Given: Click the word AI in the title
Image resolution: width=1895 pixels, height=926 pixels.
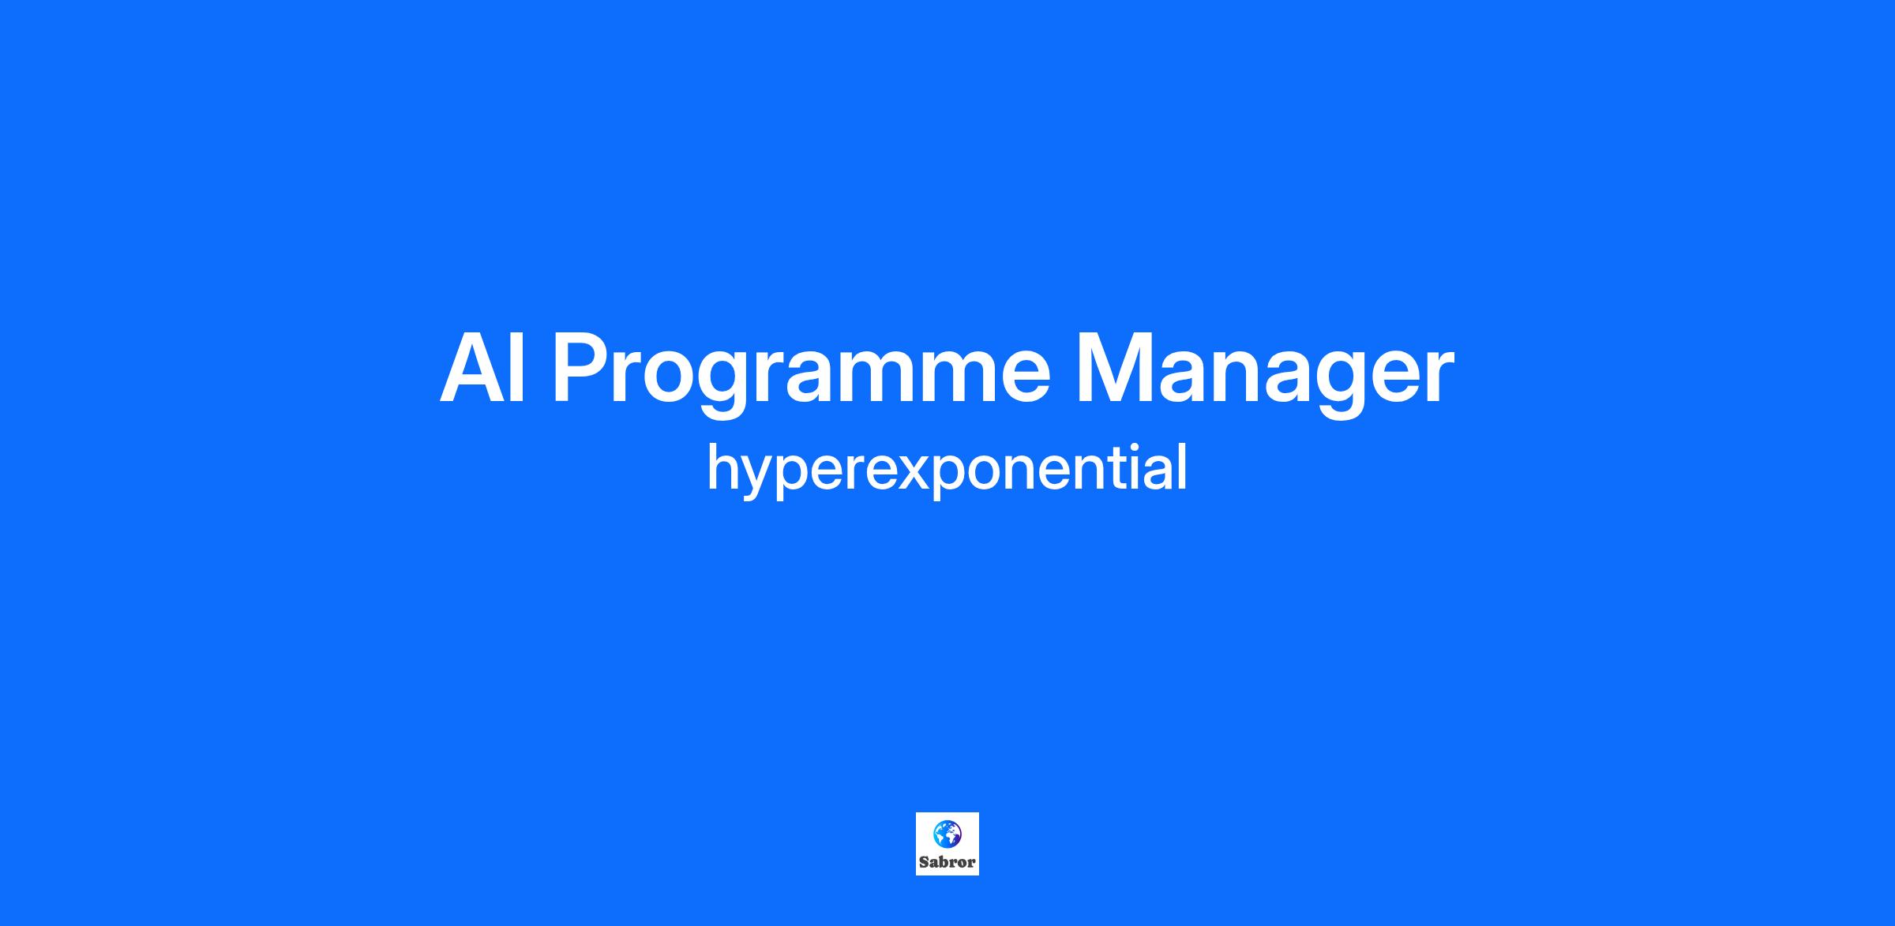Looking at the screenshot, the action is tap(482, 369).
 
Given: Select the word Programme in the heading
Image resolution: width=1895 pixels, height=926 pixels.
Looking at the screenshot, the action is tap(801, 375).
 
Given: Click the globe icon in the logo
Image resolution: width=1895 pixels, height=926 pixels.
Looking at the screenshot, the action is tap(947, 833).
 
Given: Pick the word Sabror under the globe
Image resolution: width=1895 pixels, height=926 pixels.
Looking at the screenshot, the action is tap(947, 862).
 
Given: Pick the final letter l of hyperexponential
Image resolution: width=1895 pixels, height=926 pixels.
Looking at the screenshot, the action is tap(1182, 467).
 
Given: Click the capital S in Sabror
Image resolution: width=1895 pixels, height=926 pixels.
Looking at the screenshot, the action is tap(924, 862).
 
